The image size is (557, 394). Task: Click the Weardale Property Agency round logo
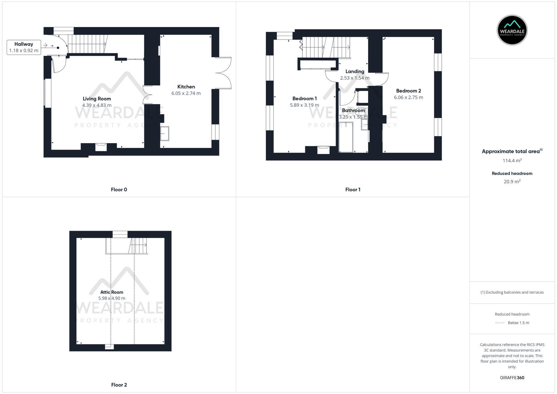pos(512,30)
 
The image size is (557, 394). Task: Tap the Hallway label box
pos(24,47)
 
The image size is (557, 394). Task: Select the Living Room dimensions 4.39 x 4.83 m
pos(97,105)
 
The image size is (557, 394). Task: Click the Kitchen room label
pos(186,87)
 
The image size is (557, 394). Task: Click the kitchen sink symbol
pos(165,134)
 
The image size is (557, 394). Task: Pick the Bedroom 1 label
pos(304,99)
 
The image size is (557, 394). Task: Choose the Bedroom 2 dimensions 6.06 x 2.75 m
pos(408,97)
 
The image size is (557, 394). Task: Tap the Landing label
pos(355,72)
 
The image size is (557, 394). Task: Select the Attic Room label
pos(112,292)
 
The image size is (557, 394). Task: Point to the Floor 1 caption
pos(353,190)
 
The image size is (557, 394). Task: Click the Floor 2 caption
pos(119,385)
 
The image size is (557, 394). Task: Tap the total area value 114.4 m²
pos(512,161)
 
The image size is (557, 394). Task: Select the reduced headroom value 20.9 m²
pos(512,182)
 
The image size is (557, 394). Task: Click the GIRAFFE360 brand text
pos(512,378)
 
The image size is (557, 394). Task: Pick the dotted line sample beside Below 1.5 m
pos(500,323)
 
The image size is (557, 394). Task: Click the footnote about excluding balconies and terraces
pos(512,292)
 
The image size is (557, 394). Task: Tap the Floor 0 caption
pos(119,190)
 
